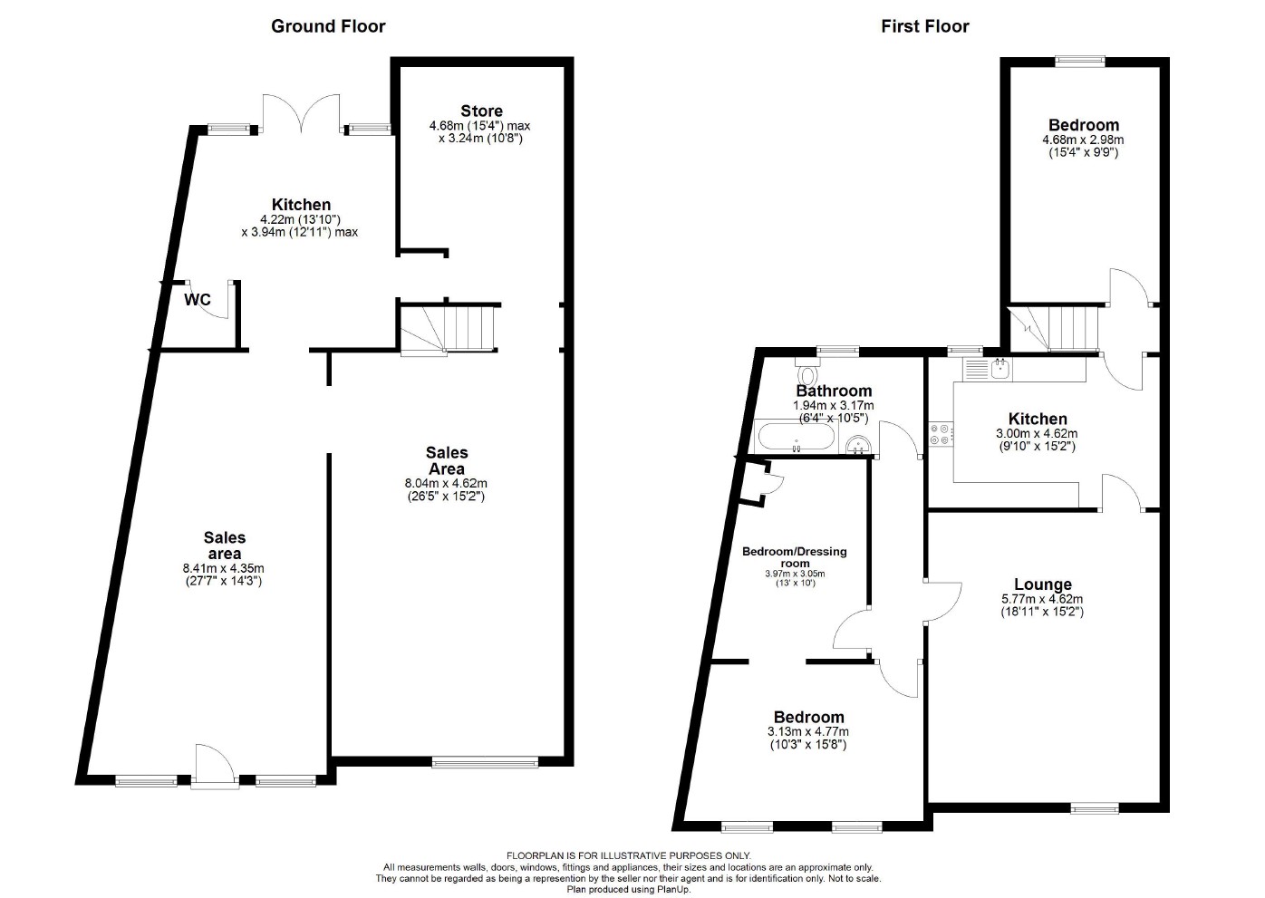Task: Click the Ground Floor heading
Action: (x=328, y=26)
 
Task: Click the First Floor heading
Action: (x=924, y=26)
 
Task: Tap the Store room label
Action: (x=480, y=111)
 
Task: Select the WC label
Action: (x=198, y=299)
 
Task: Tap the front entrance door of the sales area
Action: (x=214, y=767)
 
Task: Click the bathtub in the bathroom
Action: (x=795, y=438)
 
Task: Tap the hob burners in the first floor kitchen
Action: (x=940, y=434)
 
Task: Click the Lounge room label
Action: (x=1042, y=584)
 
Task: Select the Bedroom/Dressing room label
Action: (x=794, y=556)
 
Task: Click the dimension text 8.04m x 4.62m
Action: (x=446, y=483)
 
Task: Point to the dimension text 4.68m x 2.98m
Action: (x=1083, y=140)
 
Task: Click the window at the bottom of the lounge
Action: (x=1094, y=806)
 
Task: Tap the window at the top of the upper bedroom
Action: (x=1079, y=61)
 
